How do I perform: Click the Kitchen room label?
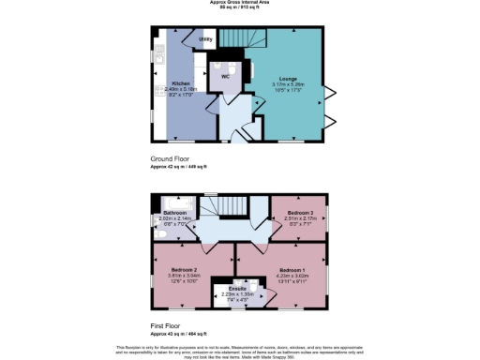click(x=181, y=83)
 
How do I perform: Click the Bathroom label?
click(x=176, y=214)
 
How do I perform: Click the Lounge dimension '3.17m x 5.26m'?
click(x=287, y=84)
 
